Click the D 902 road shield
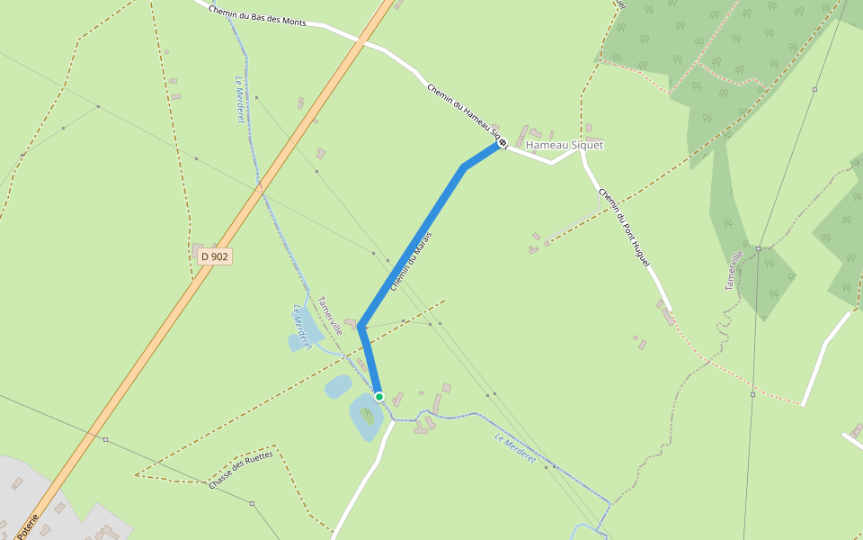(x=215, y=256)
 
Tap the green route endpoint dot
(x=379, y=396)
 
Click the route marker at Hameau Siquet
(x=503, y=142)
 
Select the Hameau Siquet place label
(x=565, y=144)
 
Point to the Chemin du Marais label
(x=412, y=260)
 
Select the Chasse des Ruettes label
(x=240, y=469)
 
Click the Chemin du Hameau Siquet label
(x=462, y=114)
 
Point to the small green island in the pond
(x=368, y=416)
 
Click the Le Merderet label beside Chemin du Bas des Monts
(x=240, y=99)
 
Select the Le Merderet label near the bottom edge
(x=515, y=449)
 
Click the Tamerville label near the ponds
(x=329, y=316)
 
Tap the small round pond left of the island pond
(x=338, y=387)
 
